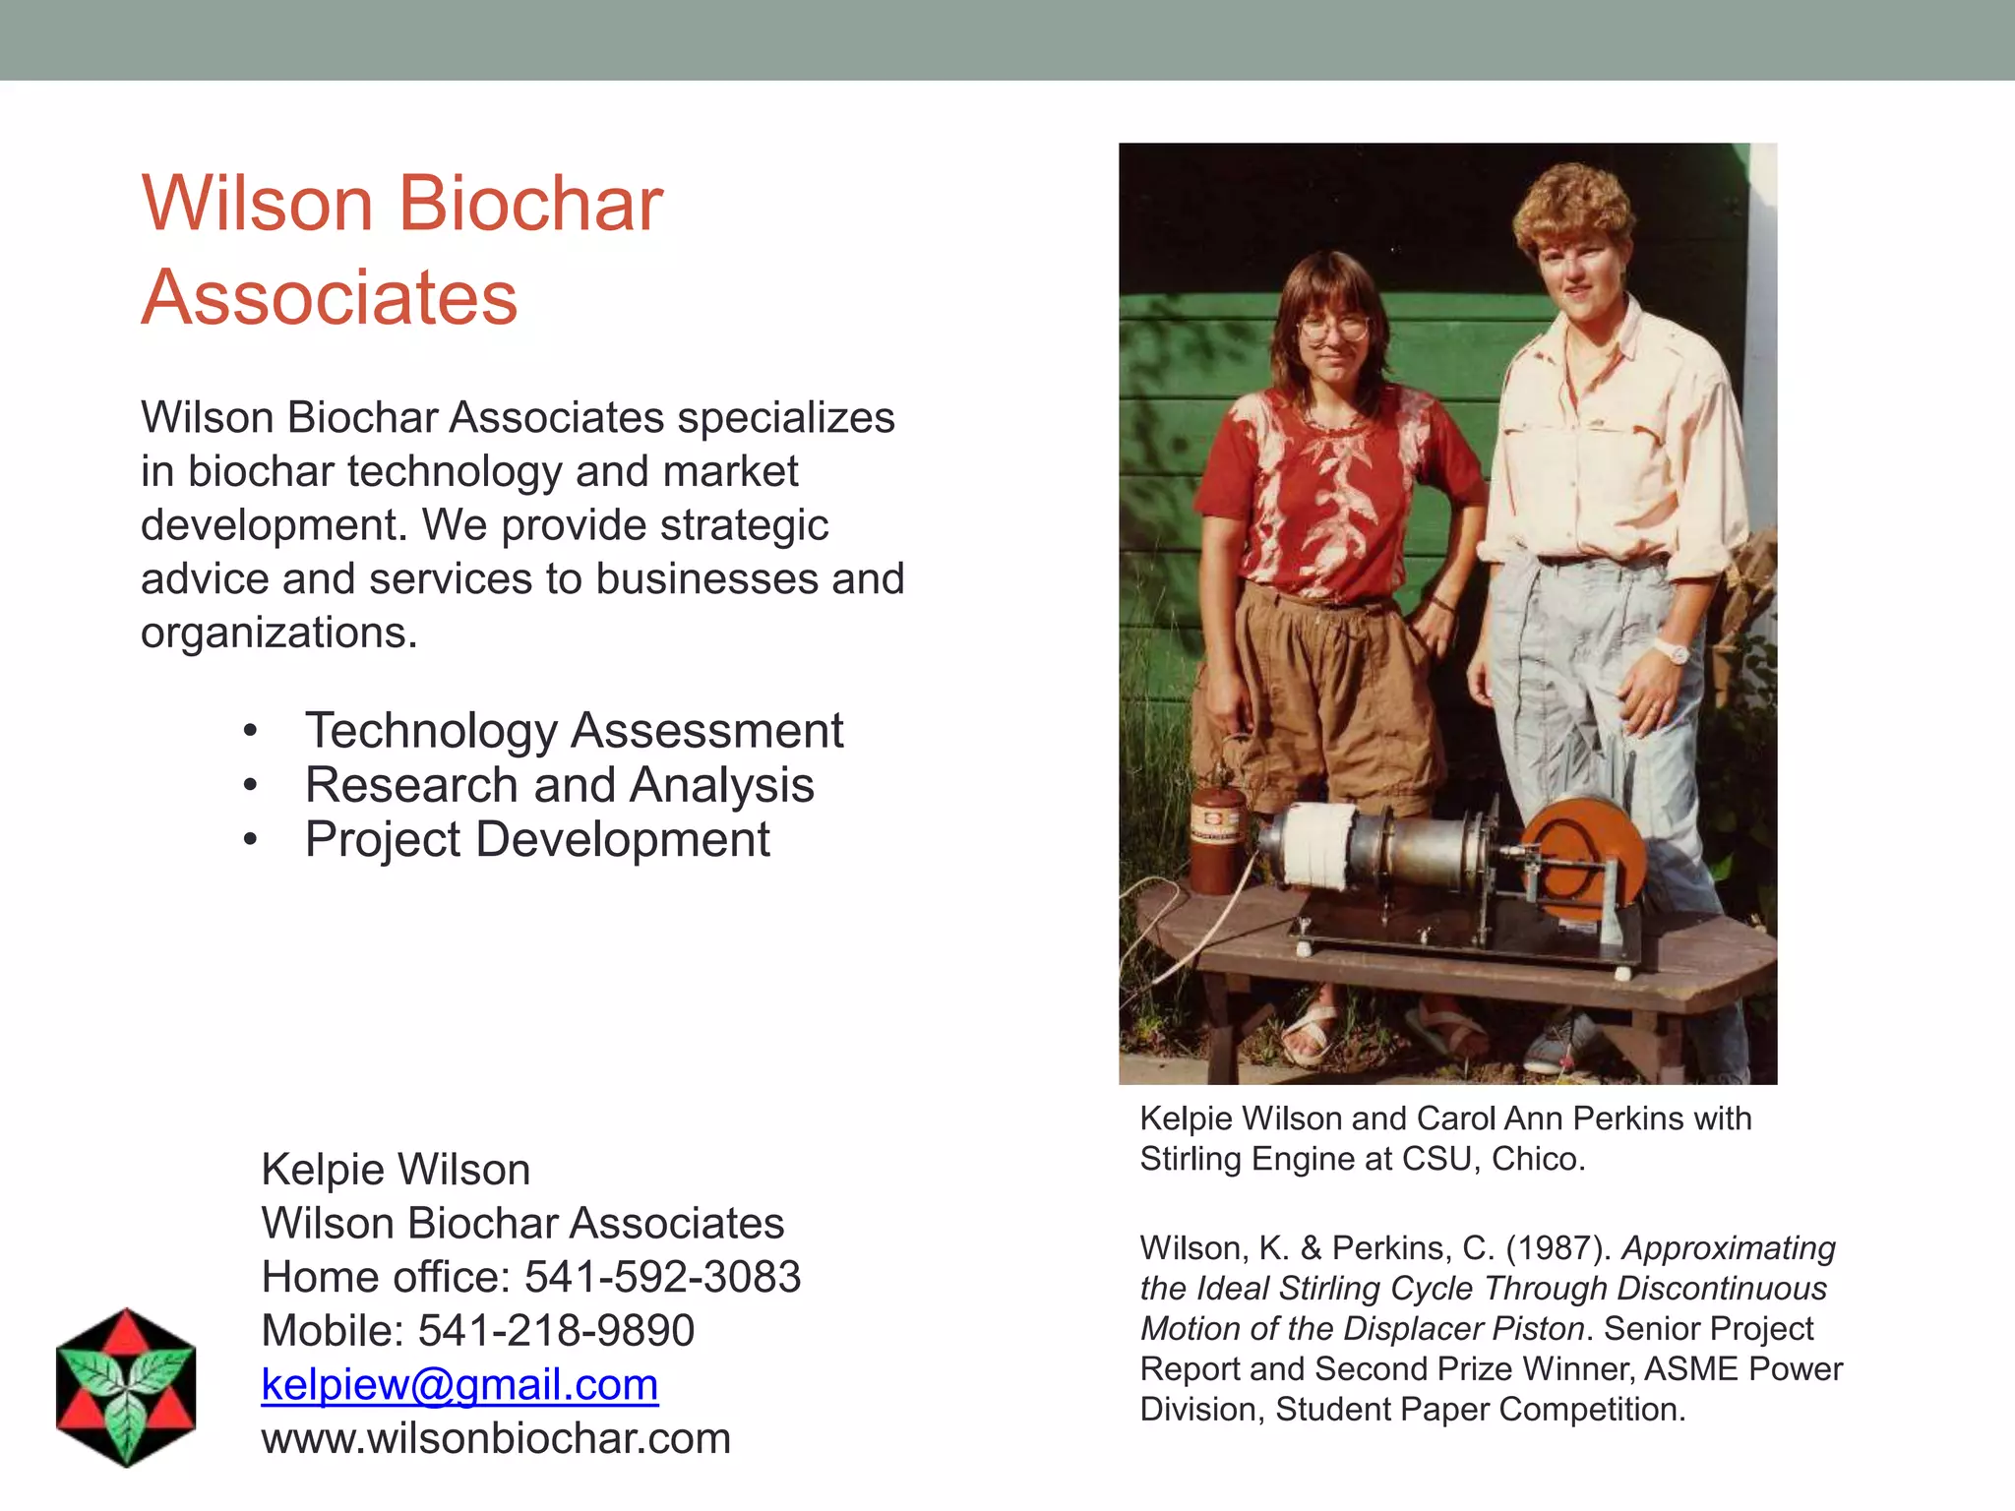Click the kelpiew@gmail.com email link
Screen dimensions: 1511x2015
(x=459, y=1385)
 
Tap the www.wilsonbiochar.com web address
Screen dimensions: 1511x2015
(x=496, y=1439)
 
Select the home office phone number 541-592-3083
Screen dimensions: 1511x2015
(x=662, y=1277)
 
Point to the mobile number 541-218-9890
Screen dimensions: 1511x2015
(x=556, y=1331)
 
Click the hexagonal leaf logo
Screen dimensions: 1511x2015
(x=126, y=1387)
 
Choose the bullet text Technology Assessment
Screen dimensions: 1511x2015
(x=574, y=731)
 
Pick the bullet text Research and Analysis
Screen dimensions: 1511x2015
(x=559, y=785)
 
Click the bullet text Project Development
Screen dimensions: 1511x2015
(x=537, y=840)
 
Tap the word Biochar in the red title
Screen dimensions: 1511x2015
(x=530, y=205)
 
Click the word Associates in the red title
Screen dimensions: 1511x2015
(x=330, y=297)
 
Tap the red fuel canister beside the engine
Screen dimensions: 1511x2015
(x=1217, y=836)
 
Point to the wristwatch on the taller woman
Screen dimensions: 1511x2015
(x=1670, y=650)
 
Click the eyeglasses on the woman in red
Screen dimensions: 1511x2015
(x=1333, y=327)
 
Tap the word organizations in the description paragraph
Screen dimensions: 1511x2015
(x=278, y=633)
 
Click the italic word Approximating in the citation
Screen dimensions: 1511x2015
(x=1729, y=1248)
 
